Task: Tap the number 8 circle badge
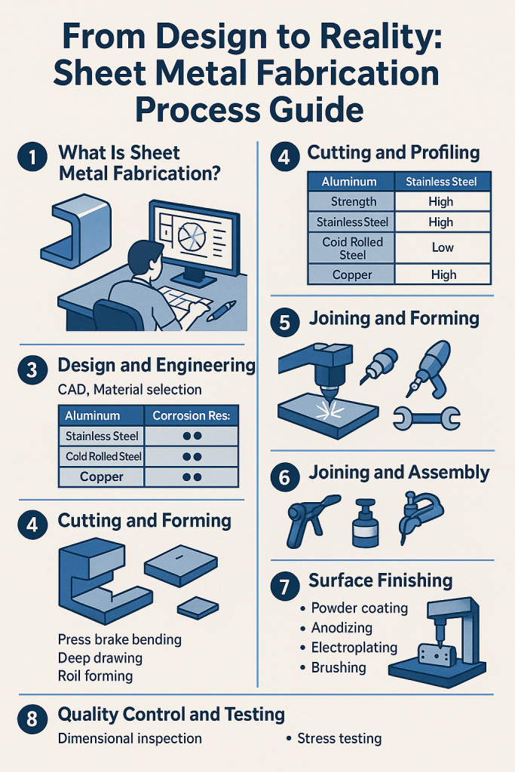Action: tap(31, 718)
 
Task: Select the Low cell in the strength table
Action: tap(443, 247)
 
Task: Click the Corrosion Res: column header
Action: tap(191, 415)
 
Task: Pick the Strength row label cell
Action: tap(353, 201)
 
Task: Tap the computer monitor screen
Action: tap(198, 239)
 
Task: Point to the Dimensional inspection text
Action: tap(130, 738)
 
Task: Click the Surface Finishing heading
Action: tap(380, 581)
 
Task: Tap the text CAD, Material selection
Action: tap(130, 390)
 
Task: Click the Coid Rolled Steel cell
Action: tap(353, 247)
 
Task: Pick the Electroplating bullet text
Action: tap(353, 647)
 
